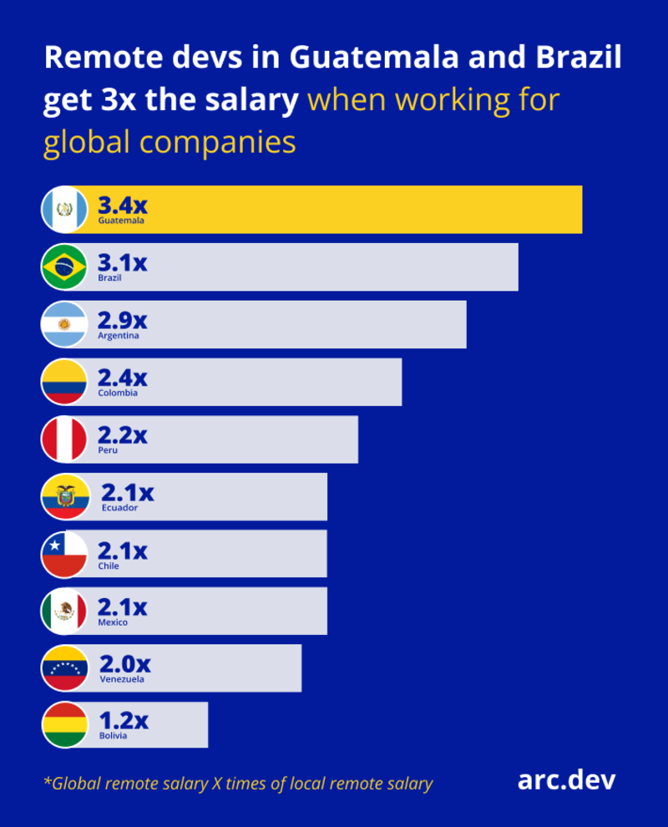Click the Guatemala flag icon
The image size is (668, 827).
click(x=64, y=209)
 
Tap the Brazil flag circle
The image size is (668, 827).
click(x=64, y=266)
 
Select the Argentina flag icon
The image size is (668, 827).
click(x=64, y=324)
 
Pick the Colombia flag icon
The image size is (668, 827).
click(x=64, y=382)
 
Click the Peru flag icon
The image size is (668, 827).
click(x=64, y=439)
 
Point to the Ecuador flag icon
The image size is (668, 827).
click(x=65, y=496)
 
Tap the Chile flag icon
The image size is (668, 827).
click(x=64, y=554)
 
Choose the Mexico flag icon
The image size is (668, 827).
click(x=64, y=611)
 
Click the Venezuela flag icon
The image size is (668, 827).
click(x=65, y=668)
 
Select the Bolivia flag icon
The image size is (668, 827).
click(x=65, y=725)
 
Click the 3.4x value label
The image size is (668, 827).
click(x=122, y=205)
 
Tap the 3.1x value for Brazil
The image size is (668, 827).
click(x=122, y=263)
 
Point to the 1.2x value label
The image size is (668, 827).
click(x=124, y=720)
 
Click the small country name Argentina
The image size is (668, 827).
click(x=118, y=336)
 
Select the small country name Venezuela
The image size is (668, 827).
click(x=122, y=679)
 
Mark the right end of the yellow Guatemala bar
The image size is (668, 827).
click(x=581, y=209)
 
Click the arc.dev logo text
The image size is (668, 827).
click(x=566, y=780)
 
